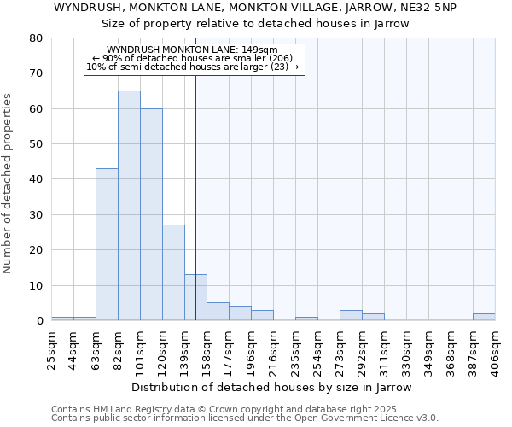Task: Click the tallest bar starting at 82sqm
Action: tap(129, 205)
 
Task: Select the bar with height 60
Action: tap(151, 213)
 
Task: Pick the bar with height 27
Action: tap(173, 272)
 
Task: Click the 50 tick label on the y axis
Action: tap(36, 144)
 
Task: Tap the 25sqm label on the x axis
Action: tap(52, 350)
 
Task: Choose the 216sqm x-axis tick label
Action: tap(274, 350)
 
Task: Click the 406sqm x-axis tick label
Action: tap(496, 350)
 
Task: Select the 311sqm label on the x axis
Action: tap(385, 350)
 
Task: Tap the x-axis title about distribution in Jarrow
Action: tap(272, 387)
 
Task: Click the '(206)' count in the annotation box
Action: tap(278, 58)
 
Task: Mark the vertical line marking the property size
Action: tap(195, 171)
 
